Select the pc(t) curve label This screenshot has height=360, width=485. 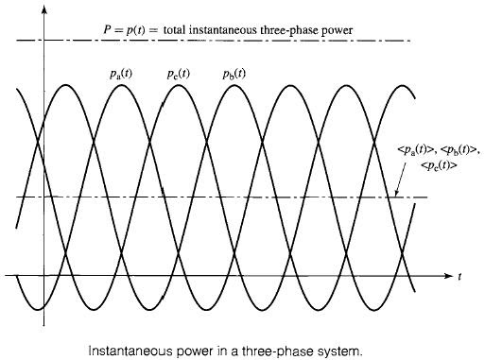click(179, 73)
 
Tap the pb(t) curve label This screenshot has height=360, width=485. click(234, 73)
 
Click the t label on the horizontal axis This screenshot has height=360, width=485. click(459, 278)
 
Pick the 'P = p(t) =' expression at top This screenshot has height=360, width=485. click(131, 30)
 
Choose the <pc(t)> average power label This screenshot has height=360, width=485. click(440, 164)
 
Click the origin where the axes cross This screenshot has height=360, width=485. click(44, 276)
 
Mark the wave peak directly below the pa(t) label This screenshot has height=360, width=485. click(115, 85)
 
